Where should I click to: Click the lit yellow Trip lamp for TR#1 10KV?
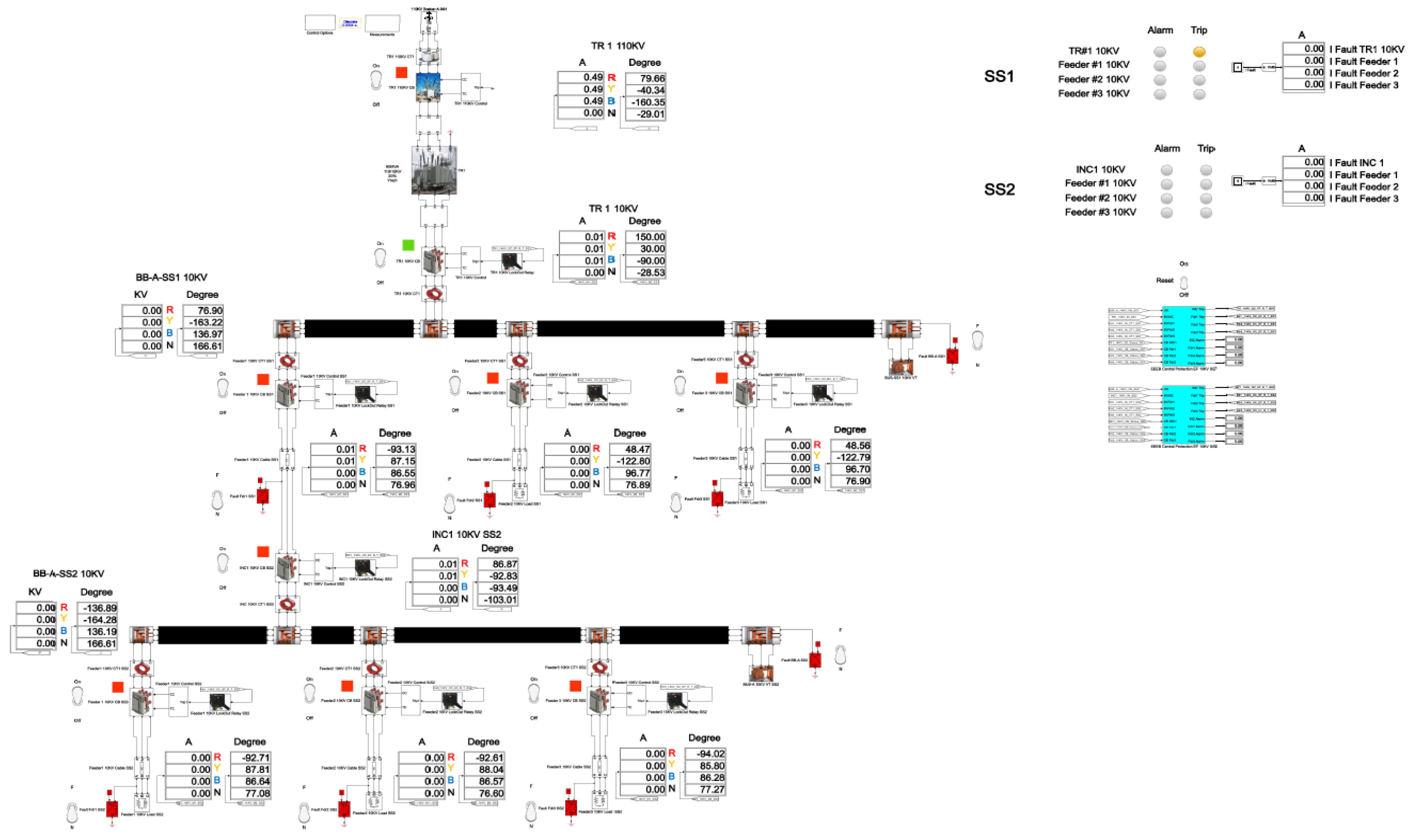tap(1198, 51)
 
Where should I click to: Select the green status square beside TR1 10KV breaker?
tap(407, 245)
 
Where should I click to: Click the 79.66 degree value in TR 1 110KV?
tap(645, 78)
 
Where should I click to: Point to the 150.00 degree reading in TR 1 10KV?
tap(645, 237)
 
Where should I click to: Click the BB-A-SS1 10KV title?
tap(171, 277)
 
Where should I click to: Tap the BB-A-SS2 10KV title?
tap(69, 574)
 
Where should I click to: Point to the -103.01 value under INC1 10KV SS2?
tap(497, 600)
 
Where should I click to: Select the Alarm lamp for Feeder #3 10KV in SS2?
tap(1166, 213)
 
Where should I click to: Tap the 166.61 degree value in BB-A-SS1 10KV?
tap(202, 346)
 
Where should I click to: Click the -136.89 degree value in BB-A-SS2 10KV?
tap(95, 608)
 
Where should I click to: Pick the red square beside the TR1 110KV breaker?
tap(401, 72)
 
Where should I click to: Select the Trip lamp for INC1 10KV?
tap(1206, 170)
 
